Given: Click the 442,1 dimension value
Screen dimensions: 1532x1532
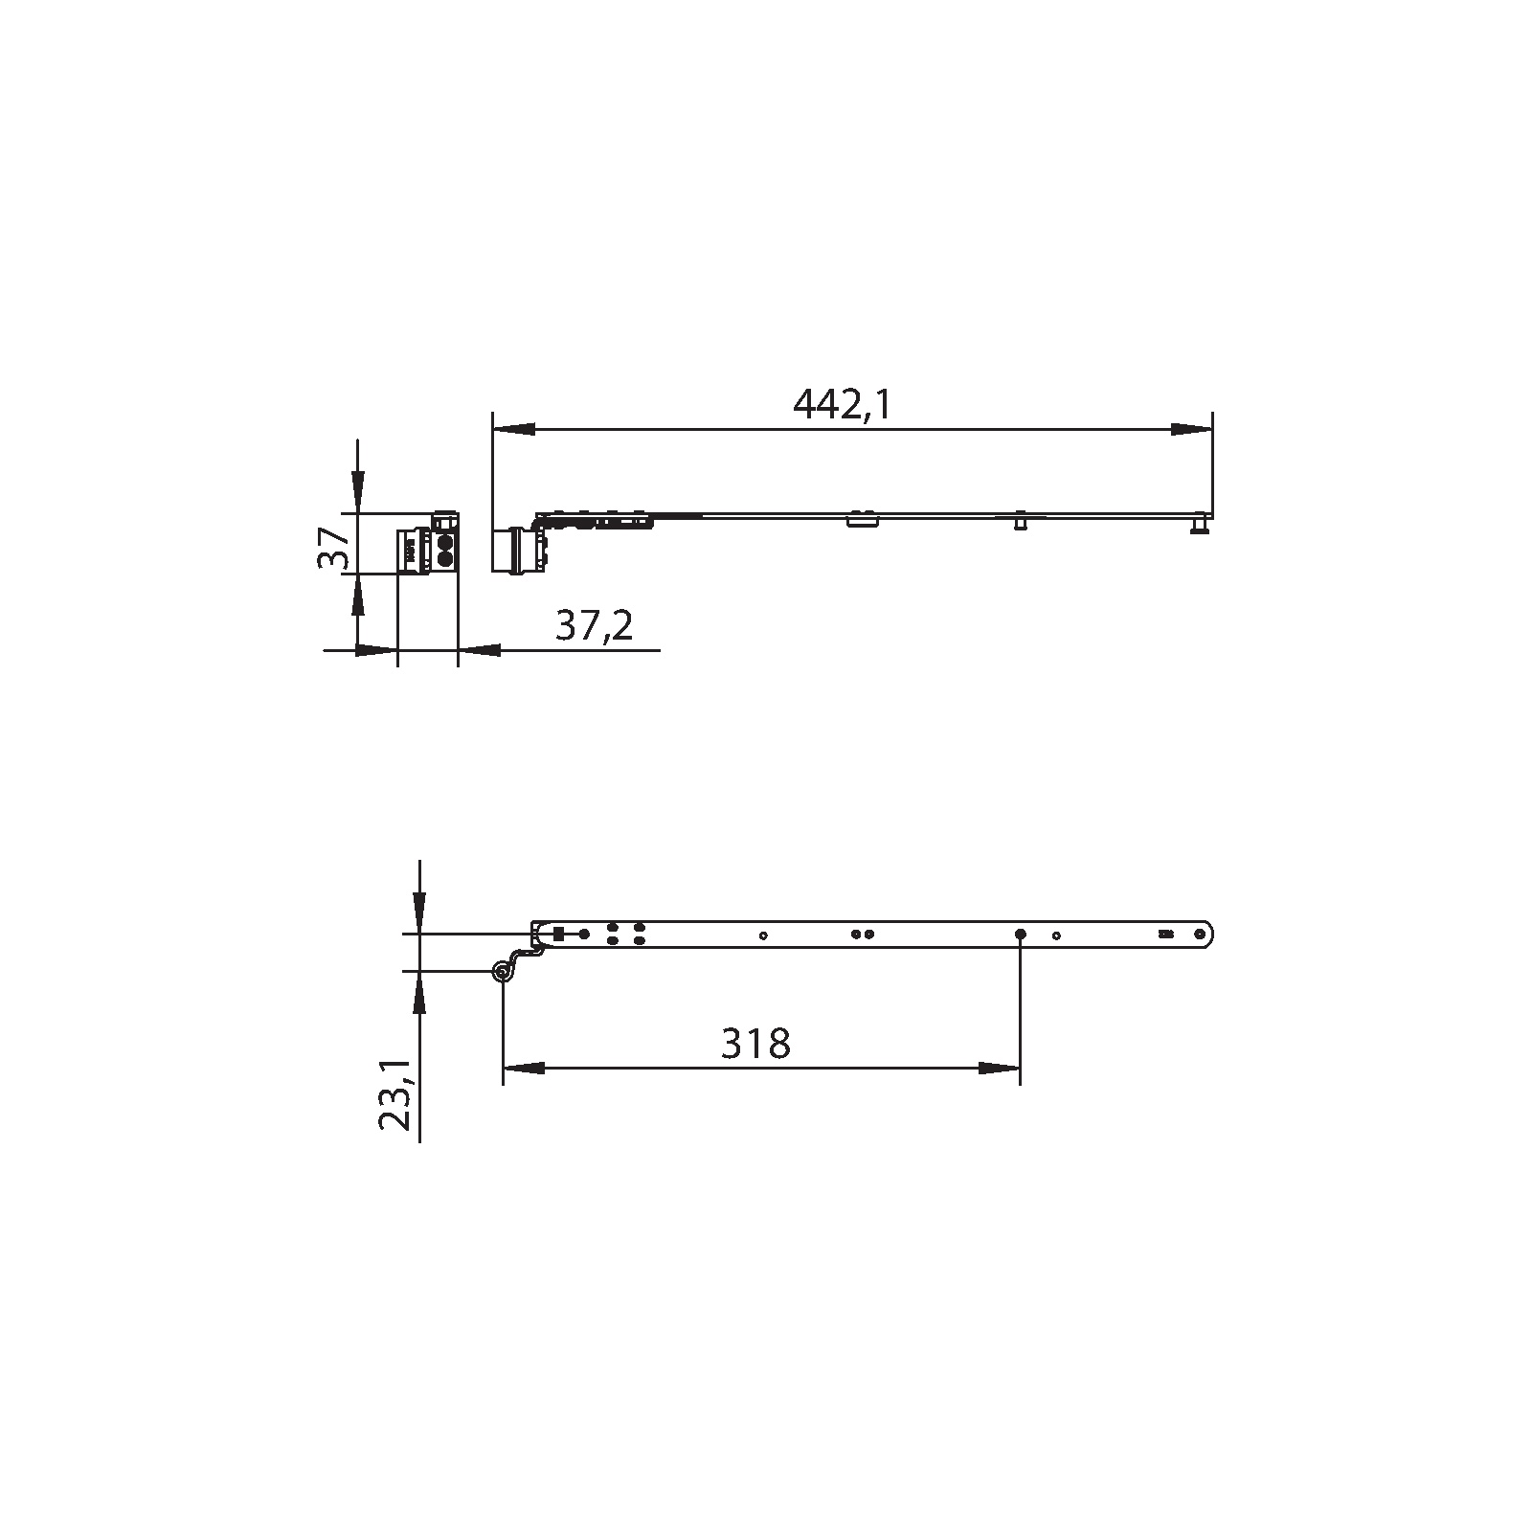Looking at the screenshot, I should coord(842,405).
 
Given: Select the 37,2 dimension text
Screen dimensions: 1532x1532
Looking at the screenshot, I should coord(594,626).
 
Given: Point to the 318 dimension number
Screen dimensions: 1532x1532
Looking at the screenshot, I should coord(755,1043).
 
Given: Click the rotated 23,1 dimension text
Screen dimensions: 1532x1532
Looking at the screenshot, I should coord(396,1094).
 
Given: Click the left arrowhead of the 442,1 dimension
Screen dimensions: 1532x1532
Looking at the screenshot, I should coord(512,430).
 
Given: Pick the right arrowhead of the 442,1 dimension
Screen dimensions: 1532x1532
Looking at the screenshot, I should coord(1191,430).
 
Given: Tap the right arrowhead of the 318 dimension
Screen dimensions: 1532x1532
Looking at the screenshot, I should coord(1000,1068).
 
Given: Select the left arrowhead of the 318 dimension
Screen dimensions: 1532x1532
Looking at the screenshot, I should coord(524,1068).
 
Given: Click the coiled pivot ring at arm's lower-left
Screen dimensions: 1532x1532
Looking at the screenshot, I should coord(501,972).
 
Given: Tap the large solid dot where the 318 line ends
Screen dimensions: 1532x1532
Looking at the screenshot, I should coord(1021,934).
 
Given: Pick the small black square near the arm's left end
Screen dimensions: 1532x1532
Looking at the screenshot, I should coord(558,933).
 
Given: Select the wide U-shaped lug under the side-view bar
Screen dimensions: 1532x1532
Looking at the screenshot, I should coord(862,521).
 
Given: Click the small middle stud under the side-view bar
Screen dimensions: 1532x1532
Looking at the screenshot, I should coord(1021,523).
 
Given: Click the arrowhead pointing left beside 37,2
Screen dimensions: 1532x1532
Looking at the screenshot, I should coord(479,651).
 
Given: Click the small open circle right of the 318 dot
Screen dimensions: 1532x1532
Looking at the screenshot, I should coord(1056,935).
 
